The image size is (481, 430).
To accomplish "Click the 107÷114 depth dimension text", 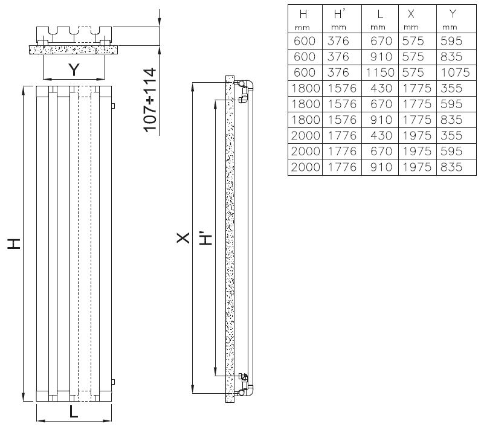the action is coord(150,100).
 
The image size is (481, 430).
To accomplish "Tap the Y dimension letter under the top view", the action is coord(74,70).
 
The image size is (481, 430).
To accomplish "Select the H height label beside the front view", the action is coord(14,244).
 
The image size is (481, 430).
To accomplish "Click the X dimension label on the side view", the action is coord(183,238).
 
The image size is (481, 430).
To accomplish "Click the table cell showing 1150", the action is coord(380,72).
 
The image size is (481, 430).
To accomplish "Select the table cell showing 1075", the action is coord(455,72).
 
